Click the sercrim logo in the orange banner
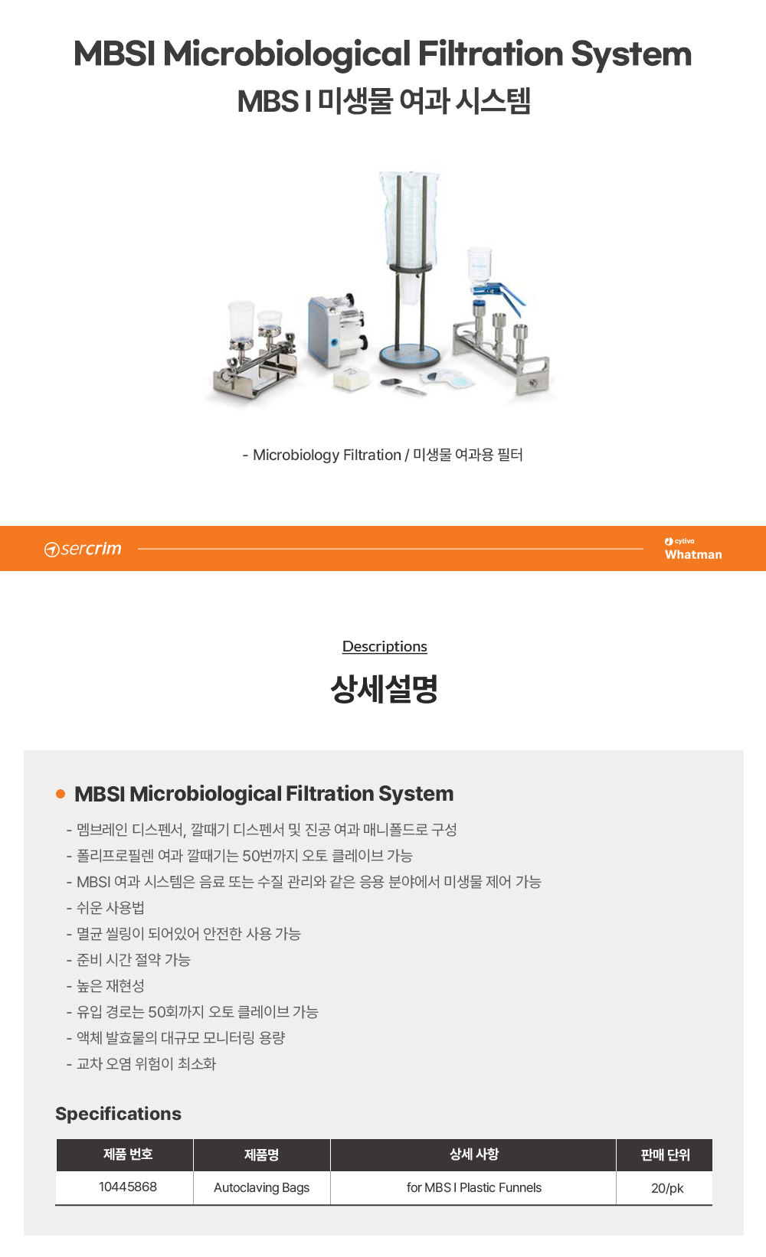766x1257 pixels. pos(83,549)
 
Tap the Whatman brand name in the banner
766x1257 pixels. pos(693,555)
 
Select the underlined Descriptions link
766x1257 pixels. pos(385,646)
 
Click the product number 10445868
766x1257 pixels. pos(128,1187)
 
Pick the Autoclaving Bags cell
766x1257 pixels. pos(262,1188)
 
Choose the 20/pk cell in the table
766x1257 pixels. pos(666,1188)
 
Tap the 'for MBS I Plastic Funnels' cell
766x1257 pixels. pos(473,1188)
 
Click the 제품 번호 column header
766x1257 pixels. pos(128,1154)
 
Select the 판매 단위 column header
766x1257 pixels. pos(665,1155)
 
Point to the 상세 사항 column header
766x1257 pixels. pos(473,1154)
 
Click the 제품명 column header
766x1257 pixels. pos(262,1155)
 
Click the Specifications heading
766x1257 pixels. pos(118,1114)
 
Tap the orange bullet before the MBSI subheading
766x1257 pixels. pos(61,794)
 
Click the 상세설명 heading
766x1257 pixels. pos(384,689)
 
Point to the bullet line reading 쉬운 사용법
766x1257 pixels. pos(110,908)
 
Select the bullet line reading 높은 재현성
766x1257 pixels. pos(110,986)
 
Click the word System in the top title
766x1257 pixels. pos(631,54)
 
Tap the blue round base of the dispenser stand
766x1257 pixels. pos(410,355)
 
